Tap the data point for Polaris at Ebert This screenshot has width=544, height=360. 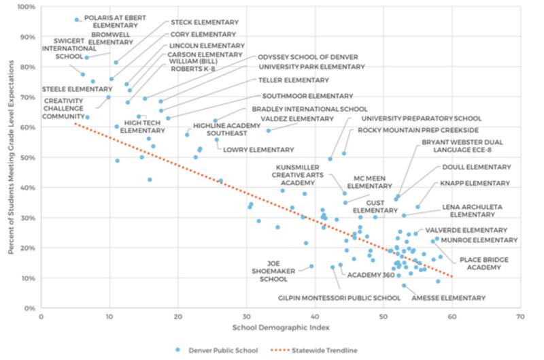point(76,20)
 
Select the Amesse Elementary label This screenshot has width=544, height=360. point(452,297)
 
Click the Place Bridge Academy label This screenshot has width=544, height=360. point(484,263)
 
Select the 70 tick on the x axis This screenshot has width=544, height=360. point(520,316)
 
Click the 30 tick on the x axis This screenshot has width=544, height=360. point(246,316)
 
